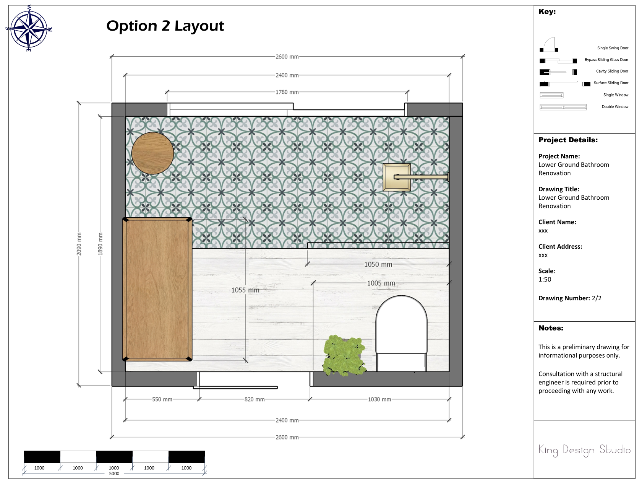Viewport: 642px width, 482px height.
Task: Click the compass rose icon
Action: pos(29,28)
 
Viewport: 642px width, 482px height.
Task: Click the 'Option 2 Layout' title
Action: pos(165,26)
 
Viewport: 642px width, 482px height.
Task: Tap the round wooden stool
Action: pos(152,153)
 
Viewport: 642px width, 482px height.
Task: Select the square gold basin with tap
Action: pos(416,177)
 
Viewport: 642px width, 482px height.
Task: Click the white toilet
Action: pos(401,333)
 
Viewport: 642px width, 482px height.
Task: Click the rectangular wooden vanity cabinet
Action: pos(157,289)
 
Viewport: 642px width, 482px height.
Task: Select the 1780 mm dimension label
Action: pos(287,92)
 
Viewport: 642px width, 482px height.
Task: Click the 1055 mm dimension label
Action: pos(245,290)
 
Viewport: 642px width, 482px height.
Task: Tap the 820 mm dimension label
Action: pos(255,399)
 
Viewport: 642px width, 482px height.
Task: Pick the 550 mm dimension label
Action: pos(162,399)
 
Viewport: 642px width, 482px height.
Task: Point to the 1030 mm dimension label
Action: pos(379,399)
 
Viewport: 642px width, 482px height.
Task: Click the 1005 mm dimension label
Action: pos(381,283)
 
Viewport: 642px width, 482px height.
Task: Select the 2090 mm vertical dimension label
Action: pos(79,244)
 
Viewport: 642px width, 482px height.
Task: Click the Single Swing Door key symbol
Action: pos(549,44)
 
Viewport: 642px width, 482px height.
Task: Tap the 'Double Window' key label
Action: pos(615,107)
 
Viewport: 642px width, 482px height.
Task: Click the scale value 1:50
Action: pos(545,279)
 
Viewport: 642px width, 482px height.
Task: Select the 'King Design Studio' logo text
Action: pos(584,450)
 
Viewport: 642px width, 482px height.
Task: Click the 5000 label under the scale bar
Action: pos(114,474)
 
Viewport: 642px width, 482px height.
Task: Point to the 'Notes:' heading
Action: pos(551,328)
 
